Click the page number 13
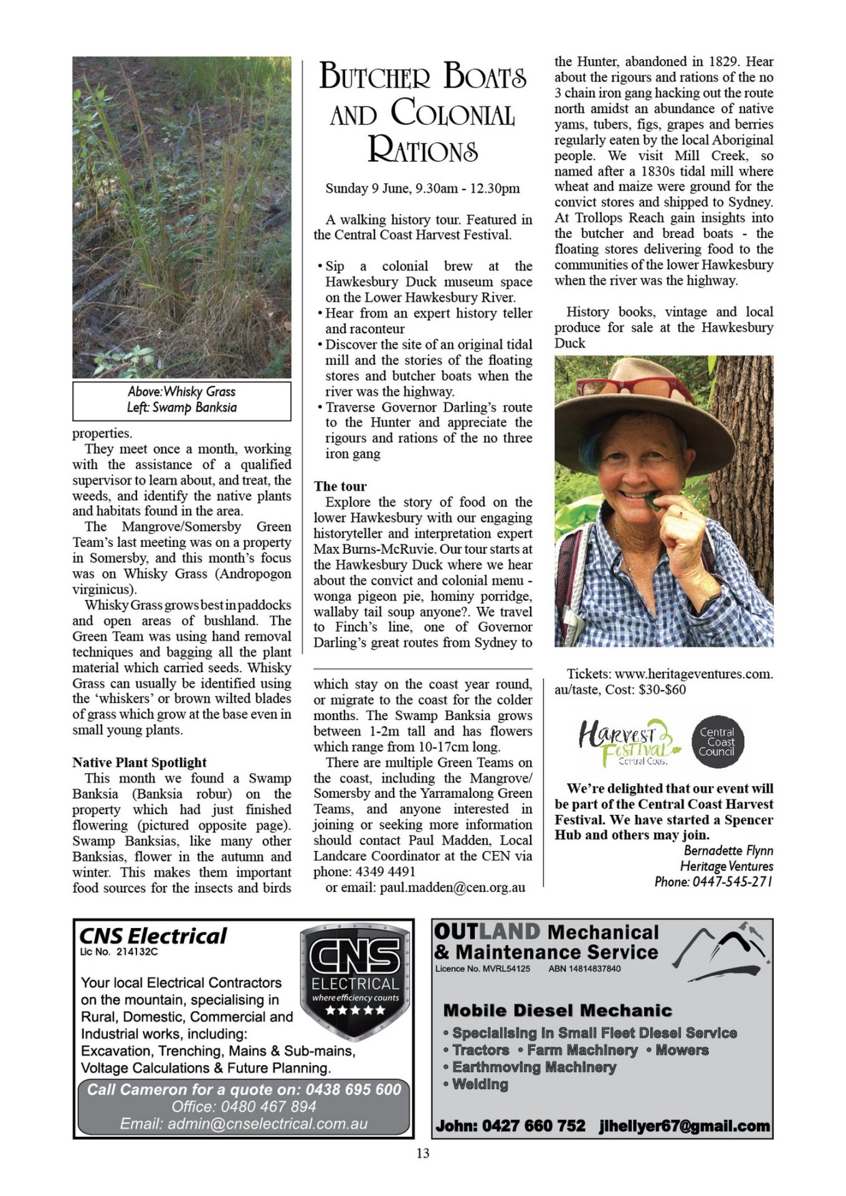[x=422, y=1154]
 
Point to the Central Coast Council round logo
[x=718, y=741]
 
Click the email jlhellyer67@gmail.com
[x=684, y=1126]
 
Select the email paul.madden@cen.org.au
[x=452, y=887]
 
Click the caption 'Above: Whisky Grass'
[x=181, y=392]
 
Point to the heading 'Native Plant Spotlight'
[x=140, y=762]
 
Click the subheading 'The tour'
[x=340, y=486]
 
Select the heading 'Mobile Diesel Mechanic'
[x=558, y=1010]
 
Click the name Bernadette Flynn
[x=728, y=850]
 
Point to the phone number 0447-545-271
[x=732, y=881]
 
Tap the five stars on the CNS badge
[x=355, y=1010]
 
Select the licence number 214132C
[x=137, y=952]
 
